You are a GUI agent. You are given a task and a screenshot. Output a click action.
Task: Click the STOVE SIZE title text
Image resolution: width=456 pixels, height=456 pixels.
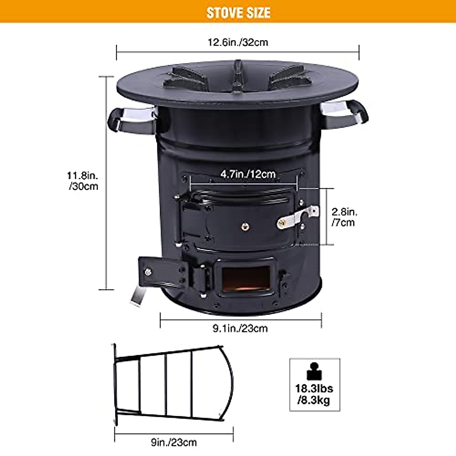click(x=238, y=13)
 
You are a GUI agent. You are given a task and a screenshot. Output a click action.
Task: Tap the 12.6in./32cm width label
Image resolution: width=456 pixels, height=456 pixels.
click(x=238, y=42)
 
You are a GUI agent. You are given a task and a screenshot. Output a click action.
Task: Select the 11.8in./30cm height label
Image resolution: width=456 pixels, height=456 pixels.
click(x=83, y=181)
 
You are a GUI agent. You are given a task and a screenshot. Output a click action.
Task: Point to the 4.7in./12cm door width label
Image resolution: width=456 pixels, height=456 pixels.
click(x=248, y=174)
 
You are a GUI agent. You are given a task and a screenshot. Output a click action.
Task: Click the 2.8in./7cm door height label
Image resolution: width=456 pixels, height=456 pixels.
click(x=344, y=217)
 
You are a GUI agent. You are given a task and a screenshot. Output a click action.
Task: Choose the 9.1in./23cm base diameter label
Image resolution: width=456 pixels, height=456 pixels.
click(x=240, y=328)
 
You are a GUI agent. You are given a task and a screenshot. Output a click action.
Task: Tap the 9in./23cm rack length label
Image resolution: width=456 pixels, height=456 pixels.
click(x=174, y=442)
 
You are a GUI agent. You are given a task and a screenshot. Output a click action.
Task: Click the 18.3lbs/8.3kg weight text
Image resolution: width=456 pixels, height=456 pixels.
click(x=314, y=394)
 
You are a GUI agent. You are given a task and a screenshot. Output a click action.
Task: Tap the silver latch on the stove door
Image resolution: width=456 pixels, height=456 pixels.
click(x=298, y=218)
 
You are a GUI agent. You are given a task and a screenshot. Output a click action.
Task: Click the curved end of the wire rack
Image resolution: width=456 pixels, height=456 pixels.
click(x=226, y=384)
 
